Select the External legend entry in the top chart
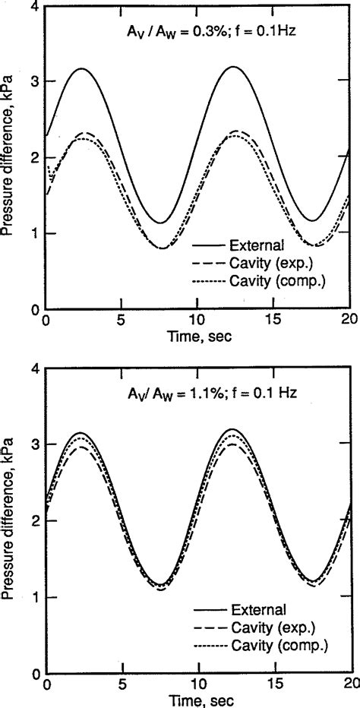point(255,246)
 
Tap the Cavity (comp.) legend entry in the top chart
point(268,280)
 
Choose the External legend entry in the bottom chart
point(255,609)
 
